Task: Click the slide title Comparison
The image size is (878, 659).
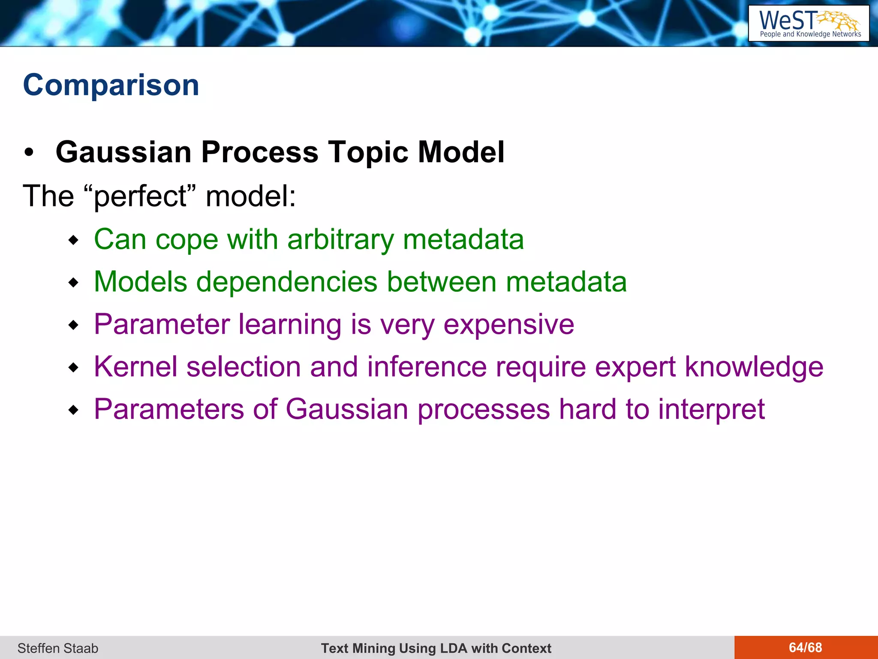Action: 111,85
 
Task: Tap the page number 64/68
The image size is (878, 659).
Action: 805,647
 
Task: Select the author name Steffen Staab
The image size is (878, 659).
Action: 58,648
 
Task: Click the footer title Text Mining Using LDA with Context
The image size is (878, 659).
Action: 436,648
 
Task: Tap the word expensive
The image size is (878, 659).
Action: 508,324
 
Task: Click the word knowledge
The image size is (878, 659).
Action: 754,367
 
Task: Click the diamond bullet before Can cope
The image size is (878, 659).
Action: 74,240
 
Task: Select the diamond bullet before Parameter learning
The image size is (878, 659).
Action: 74,325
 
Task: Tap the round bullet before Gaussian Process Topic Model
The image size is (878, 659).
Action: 29,153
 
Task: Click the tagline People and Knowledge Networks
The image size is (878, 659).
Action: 810,34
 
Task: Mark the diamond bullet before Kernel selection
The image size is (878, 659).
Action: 74,368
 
